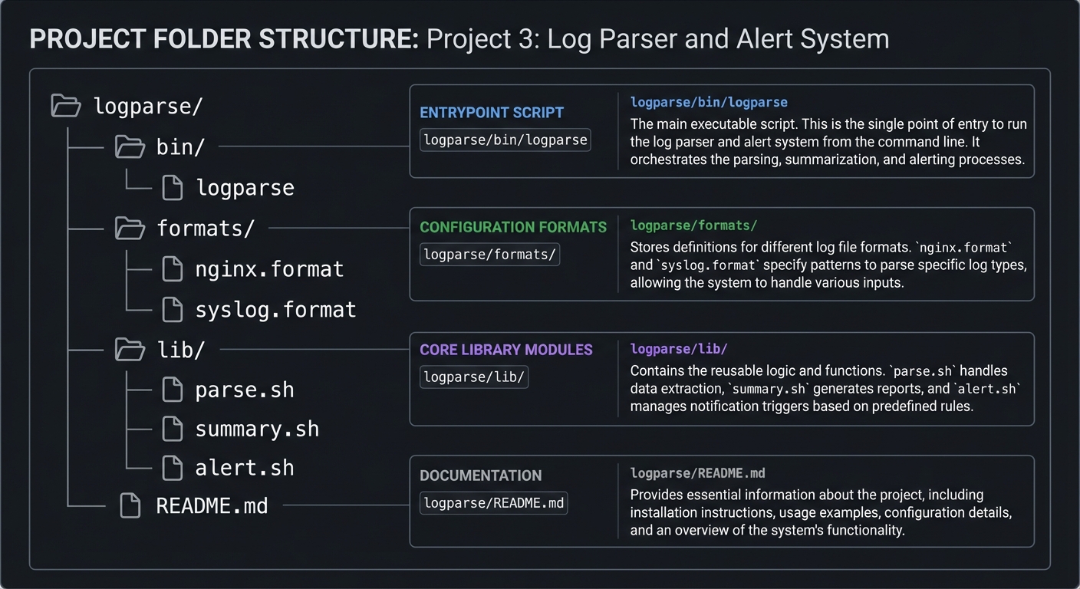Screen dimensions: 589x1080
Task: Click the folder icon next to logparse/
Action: pyautogui.click(x=66, y=106)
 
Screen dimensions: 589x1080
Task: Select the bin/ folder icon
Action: pyautogui.click(x=130, y=146)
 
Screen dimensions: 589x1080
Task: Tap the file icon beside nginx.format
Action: pyautogui.click(x=173, y=269)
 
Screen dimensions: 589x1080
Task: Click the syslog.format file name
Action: pyautogui.click(x=275, y=310)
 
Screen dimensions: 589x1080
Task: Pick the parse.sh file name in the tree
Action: pyautogui.click(x=245, y=390)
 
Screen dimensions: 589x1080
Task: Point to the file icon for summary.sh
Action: pyautogui.click(x=173, y=429)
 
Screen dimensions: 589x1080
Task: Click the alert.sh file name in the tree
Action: pyautogui.click(x=245, y=468)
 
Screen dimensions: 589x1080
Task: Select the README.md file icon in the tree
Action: pyautogui.click(x=130, y=506)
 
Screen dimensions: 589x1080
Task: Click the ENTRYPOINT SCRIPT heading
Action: pyautogui.click(x=492, y=113)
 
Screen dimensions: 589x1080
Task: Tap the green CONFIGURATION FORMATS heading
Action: pyautogui.click(x=513, y=227)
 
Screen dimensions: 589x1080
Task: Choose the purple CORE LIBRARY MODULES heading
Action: pyautogui.click(x=506, y=350)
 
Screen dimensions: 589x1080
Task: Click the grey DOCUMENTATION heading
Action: pyautogui.click(x=481, y=475)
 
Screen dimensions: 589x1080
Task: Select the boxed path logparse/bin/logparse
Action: pyautogui.click(x=505, y=140)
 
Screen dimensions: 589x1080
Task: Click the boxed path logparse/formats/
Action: pyautogui.click(x=489, y=255)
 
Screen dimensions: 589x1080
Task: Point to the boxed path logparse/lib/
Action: pyautogui.click(x=474, y=377)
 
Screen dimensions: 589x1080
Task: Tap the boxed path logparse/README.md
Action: pyautogui.click(x=493, y=503)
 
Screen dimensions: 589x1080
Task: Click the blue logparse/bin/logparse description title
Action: pyautogui.click(x=709, y=102)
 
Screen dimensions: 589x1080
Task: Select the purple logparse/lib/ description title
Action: pyautogui.click(x=679, y=349)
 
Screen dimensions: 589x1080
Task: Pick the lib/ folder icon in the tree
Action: pyautogui.click(x=130, y=350)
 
